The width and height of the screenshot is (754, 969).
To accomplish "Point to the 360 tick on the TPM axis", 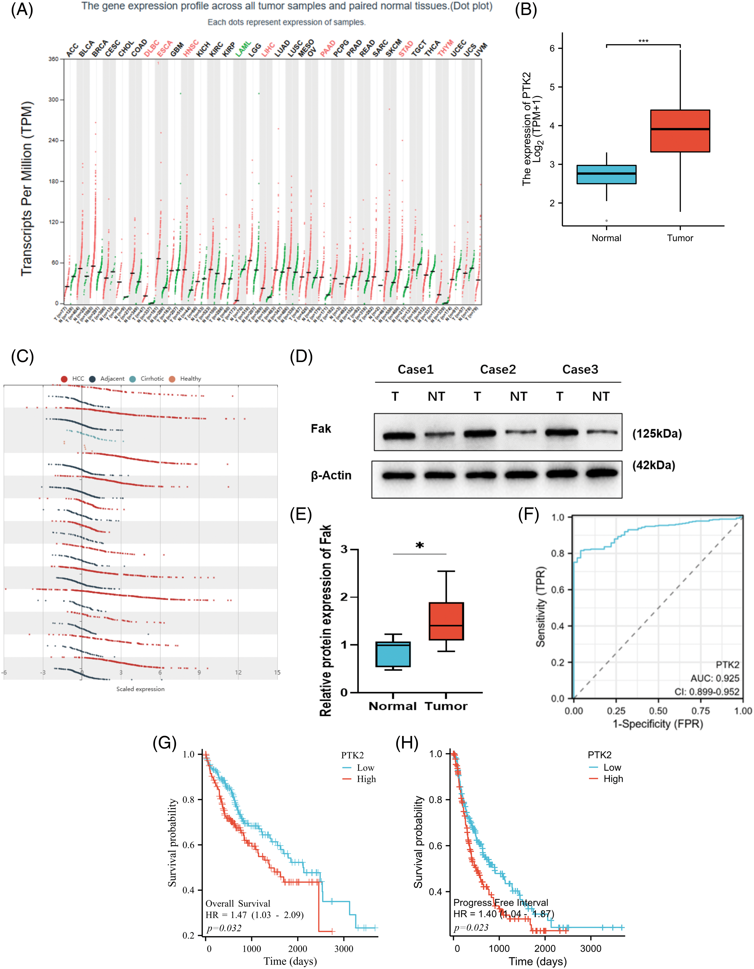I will click(53, 59).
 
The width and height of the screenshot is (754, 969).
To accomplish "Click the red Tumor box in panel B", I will click(680, 131).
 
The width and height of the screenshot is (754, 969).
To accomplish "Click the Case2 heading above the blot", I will click(498, 370).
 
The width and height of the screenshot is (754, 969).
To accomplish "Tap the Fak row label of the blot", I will click(321, 429).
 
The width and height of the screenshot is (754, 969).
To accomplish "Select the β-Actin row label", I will click(331, 475).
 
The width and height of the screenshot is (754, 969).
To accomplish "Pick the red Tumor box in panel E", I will click(446, 621).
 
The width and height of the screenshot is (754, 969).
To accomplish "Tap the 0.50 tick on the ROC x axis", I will click(658, 711).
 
